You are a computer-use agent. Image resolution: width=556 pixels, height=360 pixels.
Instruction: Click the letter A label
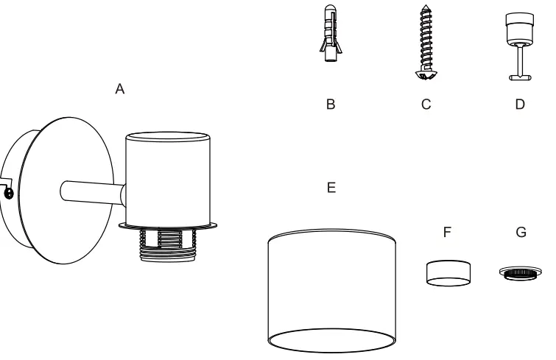click(121, 89)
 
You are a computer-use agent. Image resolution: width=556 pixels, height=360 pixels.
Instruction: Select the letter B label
click(331, 105)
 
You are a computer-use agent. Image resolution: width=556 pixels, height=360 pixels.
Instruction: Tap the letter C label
click(425, 105)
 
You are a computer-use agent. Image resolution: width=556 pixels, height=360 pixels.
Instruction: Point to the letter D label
click(520, 105)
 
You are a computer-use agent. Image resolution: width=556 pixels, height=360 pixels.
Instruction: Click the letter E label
click(331, 188)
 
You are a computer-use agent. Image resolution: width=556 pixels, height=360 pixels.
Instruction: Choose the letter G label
click(521, 232)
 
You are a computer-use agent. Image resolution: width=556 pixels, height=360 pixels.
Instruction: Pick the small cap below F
click(447, 273)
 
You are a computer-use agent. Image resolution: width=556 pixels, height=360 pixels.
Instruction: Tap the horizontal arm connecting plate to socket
click(88, 194)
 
